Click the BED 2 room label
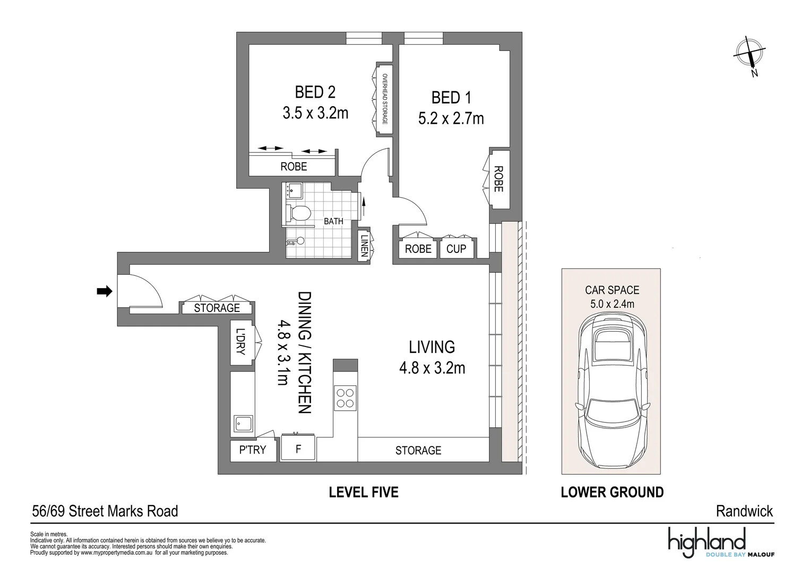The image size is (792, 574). [315, 92]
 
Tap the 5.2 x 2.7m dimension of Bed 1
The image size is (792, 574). [451, 119]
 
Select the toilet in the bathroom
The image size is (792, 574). [299, 213]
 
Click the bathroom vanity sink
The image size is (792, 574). [294, 190]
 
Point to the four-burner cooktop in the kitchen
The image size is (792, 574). [345, 398]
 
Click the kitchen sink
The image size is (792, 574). [244, 424]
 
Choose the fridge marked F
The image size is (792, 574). [298, 450]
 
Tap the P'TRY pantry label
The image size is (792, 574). [253, 450]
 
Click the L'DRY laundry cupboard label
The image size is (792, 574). [241, 342]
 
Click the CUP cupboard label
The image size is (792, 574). [456, 249]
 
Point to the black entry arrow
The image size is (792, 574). [105, 291]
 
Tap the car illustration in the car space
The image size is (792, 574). [612, 391]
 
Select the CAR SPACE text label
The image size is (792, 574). [612, 290]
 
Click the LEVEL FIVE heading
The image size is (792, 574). [364, 492]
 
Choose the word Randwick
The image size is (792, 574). [744, 511]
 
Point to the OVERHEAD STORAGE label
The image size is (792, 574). [385, 99]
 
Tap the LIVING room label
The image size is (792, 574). [432, 347]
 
